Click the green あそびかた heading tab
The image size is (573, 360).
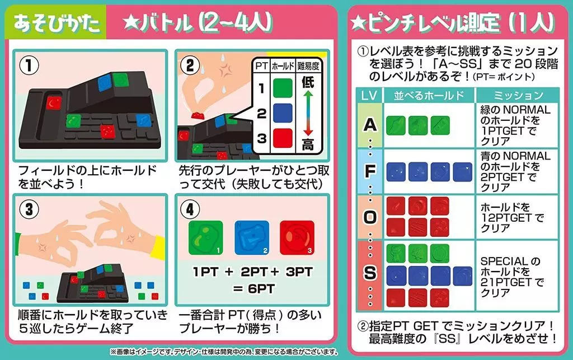(56, 22)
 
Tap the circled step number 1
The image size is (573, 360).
(29, 66)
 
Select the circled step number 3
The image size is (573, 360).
(29, 210)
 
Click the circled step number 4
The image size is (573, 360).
(190, 210)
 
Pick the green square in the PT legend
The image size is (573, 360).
(283, 88)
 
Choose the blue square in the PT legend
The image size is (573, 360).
(283, 113)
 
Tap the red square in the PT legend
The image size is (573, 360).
(283, 138)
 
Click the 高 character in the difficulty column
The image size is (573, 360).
(308, 144)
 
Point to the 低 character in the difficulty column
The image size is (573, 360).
(308, 82)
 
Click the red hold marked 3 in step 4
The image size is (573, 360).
(297, 237)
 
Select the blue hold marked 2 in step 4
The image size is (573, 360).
(251, 237)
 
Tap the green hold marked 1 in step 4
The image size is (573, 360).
(205, 237)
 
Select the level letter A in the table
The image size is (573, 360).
(370, 125)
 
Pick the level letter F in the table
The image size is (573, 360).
(370, 171)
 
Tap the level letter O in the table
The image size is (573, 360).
(370, 217)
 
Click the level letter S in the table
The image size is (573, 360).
(370, 273)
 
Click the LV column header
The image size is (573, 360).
(369, 95)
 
